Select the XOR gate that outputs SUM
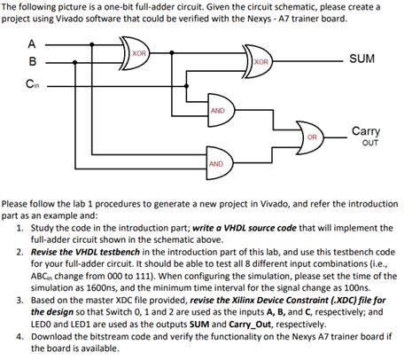(261, 60)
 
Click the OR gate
(311, 137)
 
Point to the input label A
(32, 43)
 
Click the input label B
(32, 61)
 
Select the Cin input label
(32, 86)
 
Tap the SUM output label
(362, 59)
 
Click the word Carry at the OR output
(366, 130)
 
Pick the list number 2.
(20, 251)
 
